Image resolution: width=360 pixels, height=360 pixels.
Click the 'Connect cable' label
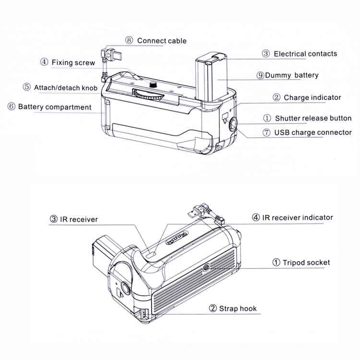pos(161,41)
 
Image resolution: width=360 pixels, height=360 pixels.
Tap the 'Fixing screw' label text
pos(73,62)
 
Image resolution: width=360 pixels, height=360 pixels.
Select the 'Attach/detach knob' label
pos(66,87)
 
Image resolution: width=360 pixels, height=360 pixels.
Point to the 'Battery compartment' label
pos(54,107)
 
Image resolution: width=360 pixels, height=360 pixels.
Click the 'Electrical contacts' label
pos(305,54)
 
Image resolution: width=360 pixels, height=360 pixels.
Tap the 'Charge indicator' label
pos(312,97)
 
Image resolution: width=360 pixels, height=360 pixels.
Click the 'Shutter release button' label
pos(313,118)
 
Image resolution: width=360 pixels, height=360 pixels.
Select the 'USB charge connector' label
pos(313,132)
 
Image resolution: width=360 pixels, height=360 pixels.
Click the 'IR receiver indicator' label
pos(298,217)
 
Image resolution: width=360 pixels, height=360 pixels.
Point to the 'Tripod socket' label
pos(306,262)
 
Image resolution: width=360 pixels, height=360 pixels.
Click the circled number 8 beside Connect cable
pos(129,41)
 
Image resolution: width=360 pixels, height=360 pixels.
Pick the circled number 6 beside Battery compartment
pos(11,107)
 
